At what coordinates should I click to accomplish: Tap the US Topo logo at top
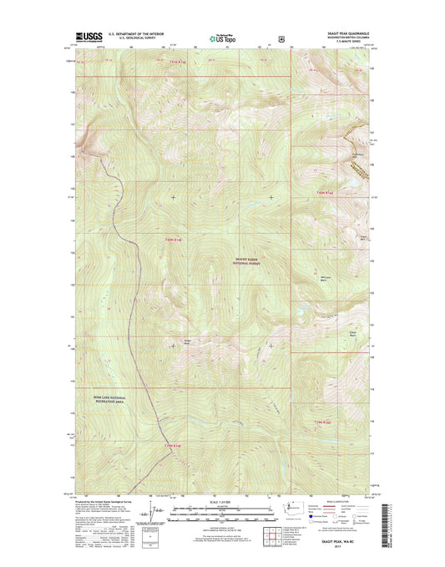tap(220, 38)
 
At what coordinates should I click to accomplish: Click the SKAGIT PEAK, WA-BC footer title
tap(345, 540)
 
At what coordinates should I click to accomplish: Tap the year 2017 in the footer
tap(345, 546)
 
